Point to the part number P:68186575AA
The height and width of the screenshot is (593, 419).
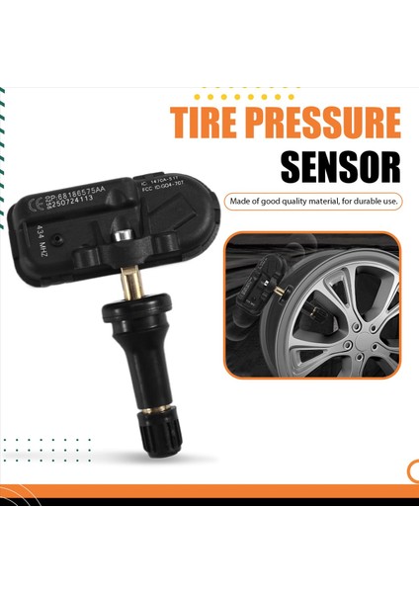[86, 182]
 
